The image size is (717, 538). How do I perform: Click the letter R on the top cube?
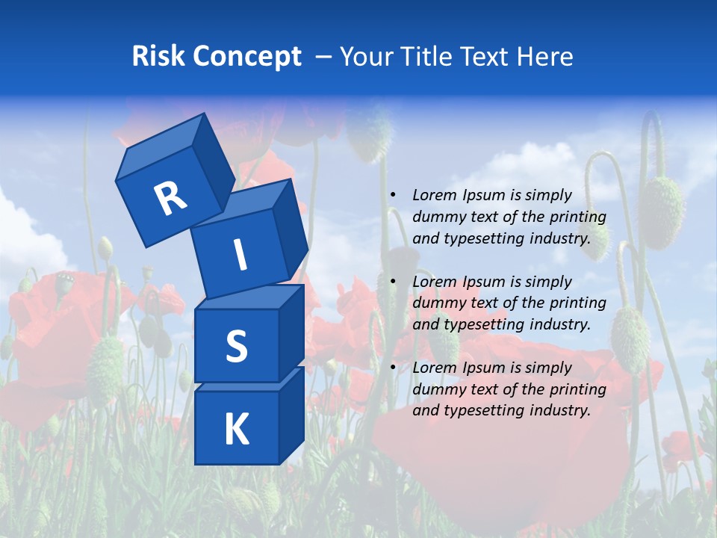coord(170,198)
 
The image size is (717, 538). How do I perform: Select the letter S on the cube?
coord(236,347)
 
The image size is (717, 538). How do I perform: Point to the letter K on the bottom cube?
coord(236,430)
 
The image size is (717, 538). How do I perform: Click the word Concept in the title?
coord(246,56)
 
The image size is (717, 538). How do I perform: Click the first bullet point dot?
coord(393,195)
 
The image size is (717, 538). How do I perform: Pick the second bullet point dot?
coord(393,282)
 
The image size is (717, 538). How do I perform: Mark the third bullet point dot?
coord(393,368)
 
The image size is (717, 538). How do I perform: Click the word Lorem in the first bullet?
coord(432,195)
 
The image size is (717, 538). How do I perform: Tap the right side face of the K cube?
coord(292,415)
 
